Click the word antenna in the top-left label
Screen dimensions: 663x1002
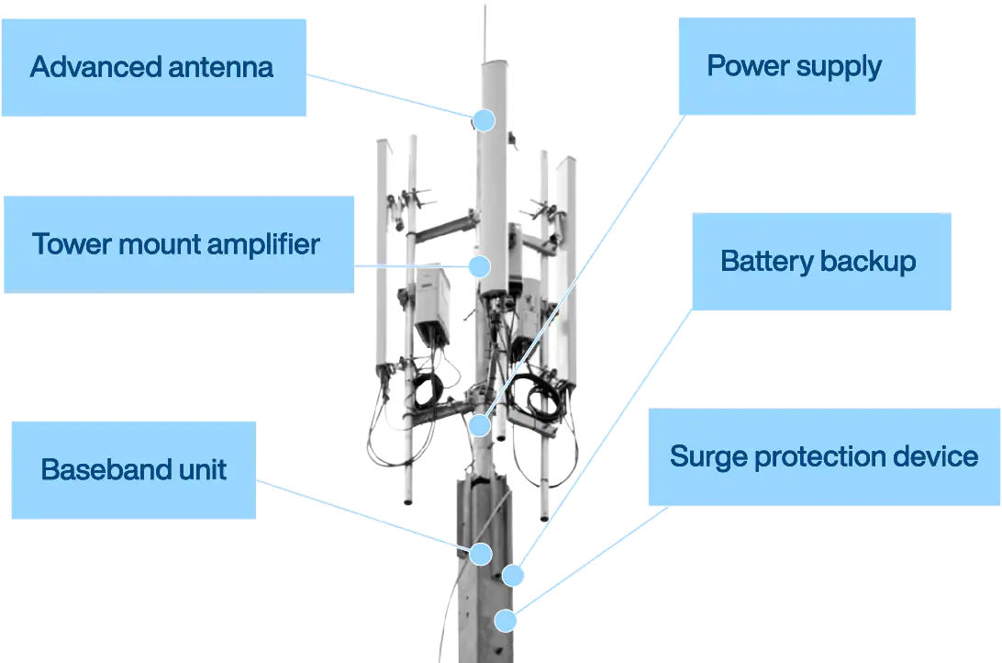(x=222, y=67)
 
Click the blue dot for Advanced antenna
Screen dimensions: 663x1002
(x=484, y=120)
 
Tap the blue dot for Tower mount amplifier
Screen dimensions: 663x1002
(x=478, y=266)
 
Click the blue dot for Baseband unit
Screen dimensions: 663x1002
(x=480, y=554)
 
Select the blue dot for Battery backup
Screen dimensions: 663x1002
(x=513, y=576)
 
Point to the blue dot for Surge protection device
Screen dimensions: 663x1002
(x=505, y=621)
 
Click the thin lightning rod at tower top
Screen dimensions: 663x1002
(x=485, y=32)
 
